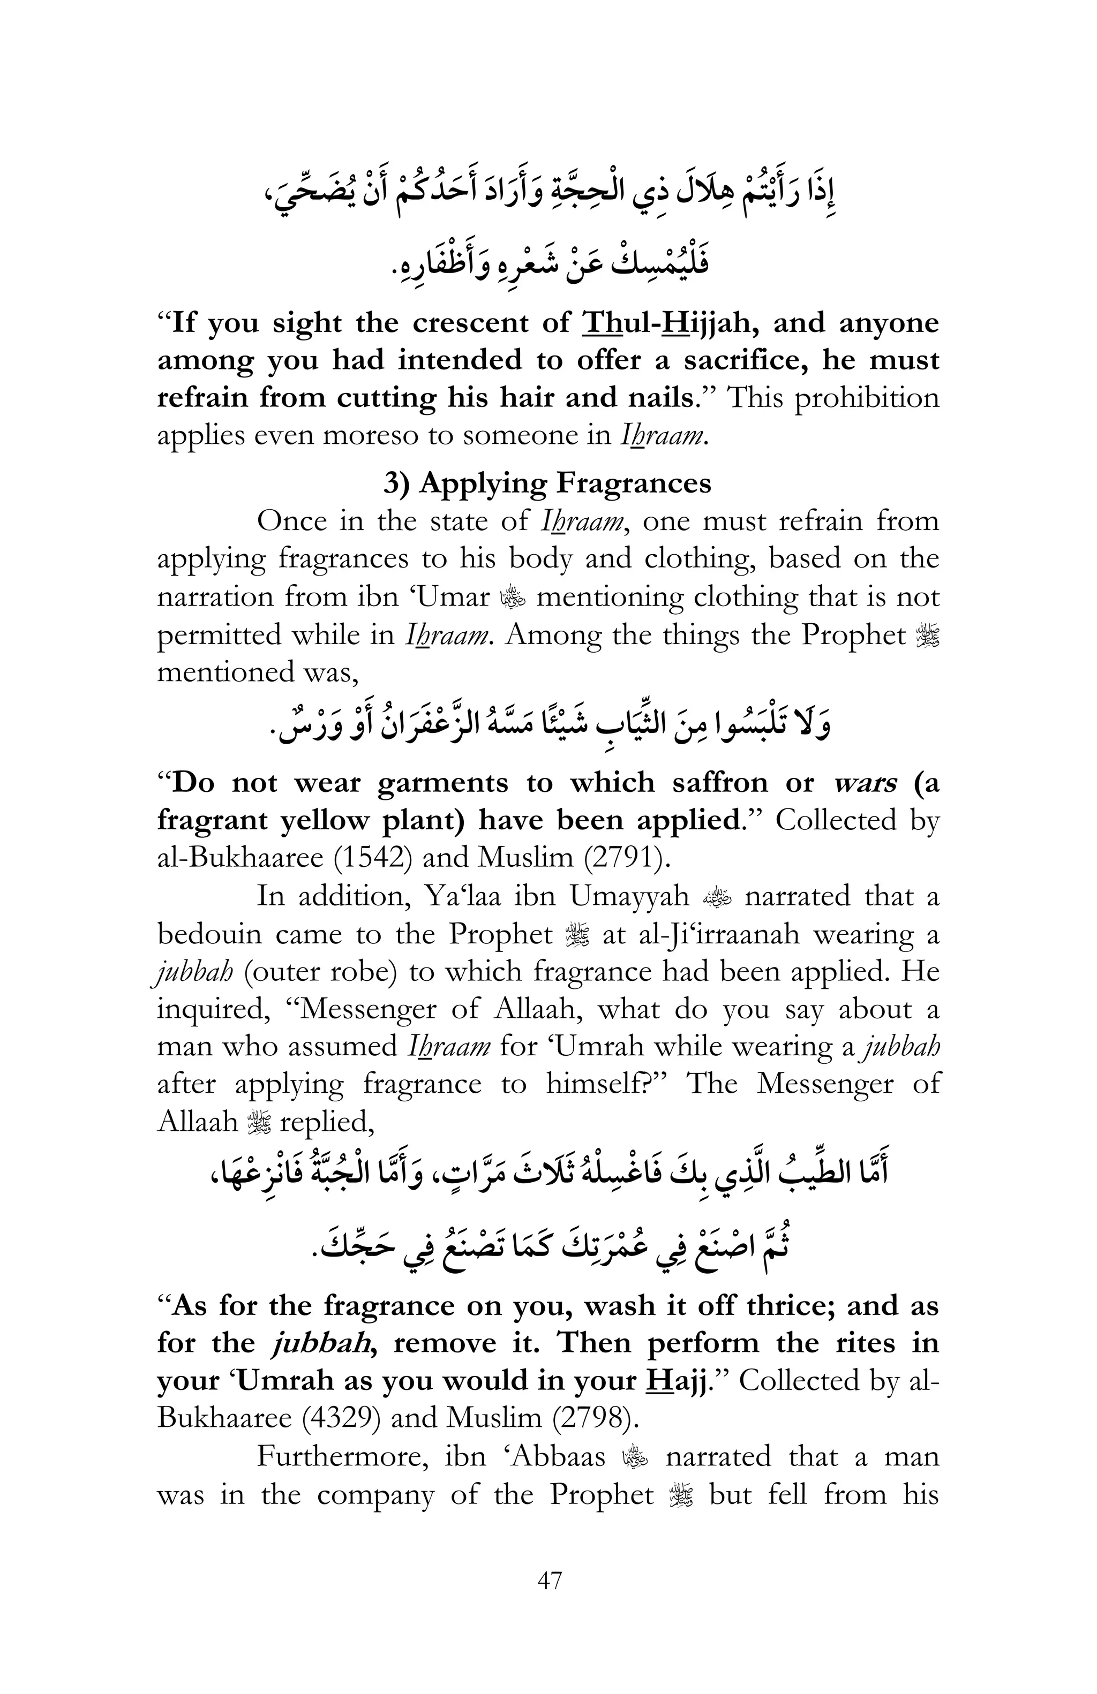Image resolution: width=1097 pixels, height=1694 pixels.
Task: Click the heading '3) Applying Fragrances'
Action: pos(547,483)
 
